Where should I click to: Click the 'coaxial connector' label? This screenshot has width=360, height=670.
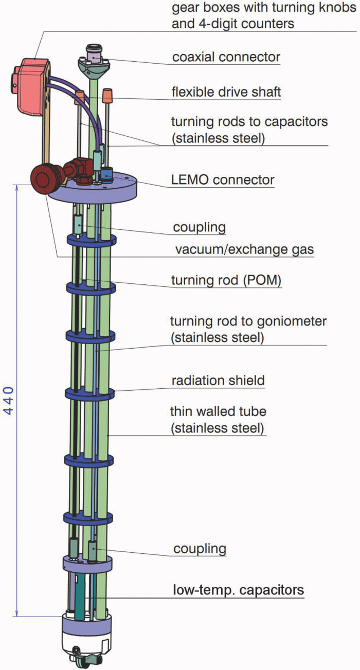coord(226,56)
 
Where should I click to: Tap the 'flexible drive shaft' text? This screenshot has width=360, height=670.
coord(226,93)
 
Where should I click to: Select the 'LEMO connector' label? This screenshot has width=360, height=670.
coord(222,180)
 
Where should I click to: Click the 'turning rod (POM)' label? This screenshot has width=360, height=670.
coord(226,281)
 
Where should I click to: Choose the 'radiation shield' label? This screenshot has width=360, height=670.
coord(218,381)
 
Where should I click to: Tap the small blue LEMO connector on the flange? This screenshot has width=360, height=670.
coord(106,174)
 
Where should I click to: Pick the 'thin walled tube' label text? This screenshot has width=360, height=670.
coord(218,412)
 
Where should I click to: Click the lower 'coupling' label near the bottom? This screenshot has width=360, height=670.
coord(200,548)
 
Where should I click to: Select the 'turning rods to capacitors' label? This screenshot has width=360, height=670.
coord(248,122)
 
